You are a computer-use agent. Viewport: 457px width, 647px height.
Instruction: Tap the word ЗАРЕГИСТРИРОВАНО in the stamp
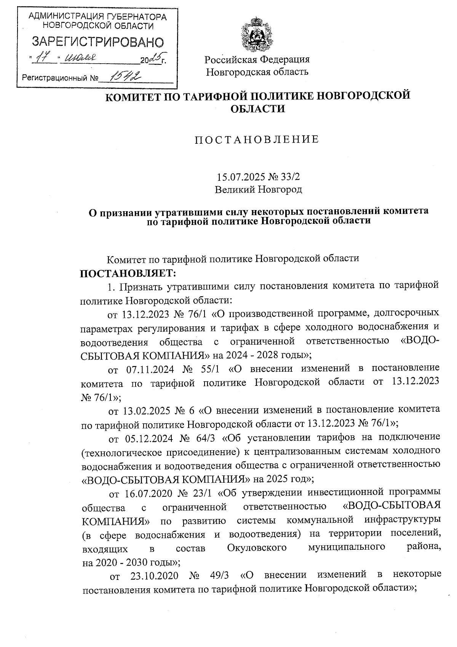97,42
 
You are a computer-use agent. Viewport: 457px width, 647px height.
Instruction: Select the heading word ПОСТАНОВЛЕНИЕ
257,140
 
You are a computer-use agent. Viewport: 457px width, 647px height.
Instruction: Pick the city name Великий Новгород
258,189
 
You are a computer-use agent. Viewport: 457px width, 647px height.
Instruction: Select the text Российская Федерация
257,59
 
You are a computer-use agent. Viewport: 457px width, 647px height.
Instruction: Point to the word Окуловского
256,548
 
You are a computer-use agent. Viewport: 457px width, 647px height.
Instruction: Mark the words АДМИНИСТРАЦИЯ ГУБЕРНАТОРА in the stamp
97,17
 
